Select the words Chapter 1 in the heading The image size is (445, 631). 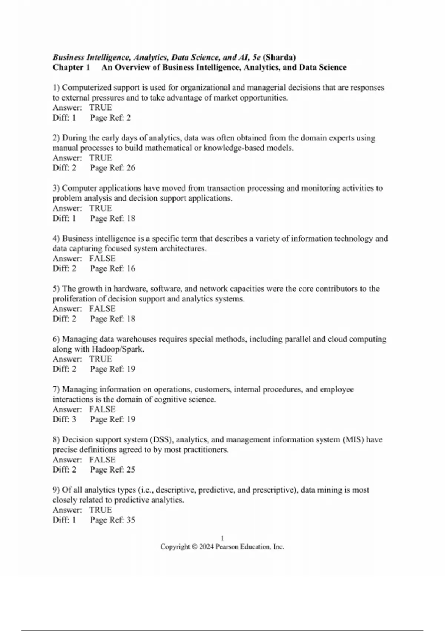[71, 67]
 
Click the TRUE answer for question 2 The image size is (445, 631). [100, 158]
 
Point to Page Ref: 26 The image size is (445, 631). [112, 168]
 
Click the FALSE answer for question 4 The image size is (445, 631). [102, 258]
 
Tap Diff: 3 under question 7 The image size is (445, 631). [64, 419]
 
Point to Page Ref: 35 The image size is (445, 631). [112, 520]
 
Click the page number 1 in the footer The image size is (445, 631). [222, 538]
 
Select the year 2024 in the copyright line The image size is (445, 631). [206, 547]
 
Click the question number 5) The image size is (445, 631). [56, 289]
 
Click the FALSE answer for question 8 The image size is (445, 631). [102, 460]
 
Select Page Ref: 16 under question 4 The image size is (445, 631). [112, 268]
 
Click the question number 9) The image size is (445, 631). [56, 490]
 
